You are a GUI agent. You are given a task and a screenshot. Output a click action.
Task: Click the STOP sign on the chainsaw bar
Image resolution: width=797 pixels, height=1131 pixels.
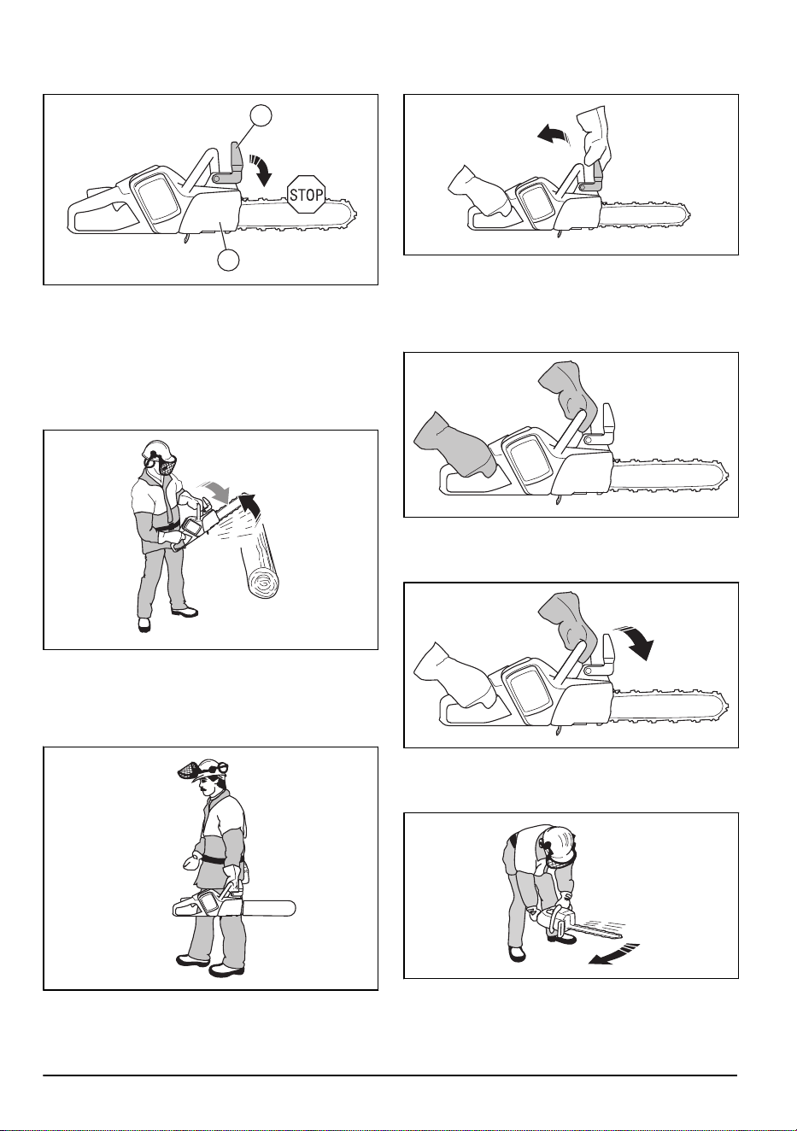306,195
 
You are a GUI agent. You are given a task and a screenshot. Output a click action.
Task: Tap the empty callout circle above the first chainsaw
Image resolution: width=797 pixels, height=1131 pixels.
261,115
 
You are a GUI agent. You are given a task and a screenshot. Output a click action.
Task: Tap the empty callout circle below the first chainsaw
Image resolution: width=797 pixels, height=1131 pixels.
228,260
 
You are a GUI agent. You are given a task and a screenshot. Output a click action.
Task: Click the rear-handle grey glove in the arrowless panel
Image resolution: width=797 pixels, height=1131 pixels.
450,445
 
